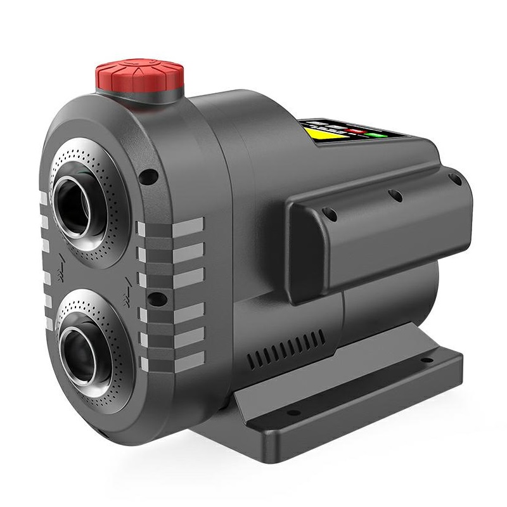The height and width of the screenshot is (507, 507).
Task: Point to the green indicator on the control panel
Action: (380, 134)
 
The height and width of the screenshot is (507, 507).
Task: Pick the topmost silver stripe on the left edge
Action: (43, 198)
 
